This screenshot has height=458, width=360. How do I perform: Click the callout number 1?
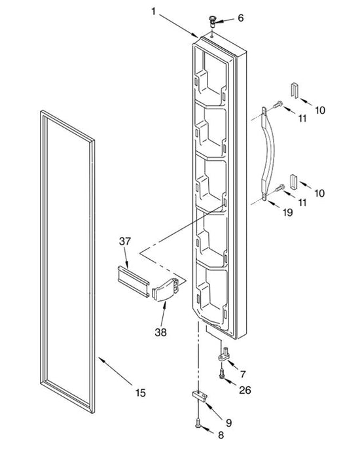point(153,11)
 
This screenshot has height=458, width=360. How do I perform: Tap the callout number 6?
point(240,18)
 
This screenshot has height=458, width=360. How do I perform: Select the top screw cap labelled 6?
point(213,22)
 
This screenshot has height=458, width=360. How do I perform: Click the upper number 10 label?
point(320,111)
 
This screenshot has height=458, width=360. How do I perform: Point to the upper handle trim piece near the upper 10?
point(295,90)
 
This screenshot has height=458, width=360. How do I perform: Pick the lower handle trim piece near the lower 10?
point(293,181)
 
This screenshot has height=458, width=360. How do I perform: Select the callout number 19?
point(287,212)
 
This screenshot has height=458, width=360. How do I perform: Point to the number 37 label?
point(125,241)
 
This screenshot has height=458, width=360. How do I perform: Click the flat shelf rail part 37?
point(134,281)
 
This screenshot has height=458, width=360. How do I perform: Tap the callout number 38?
point(161,332)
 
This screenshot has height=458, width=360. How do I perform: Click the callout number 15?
point(140,393)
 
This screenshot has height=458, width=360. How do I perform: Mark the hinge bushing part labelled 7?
point(224,354)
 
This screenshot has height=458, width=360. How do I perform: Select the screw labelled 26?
point(222,374)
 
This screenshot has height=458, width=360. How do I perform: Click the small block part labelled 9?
point(200,395)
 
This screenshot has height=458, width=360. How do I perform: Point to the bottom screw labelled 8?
point(198,422)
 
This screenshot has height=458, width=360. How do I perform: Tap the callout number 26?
point(245,390)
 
